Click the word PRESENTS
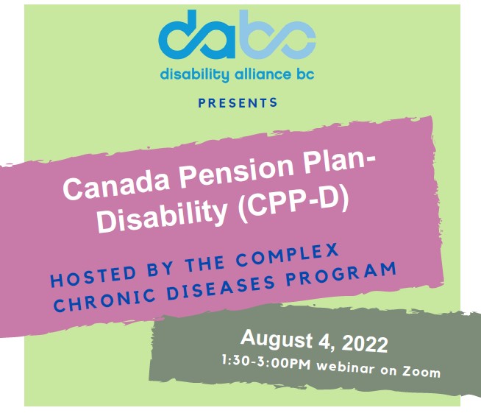tap(238, 102)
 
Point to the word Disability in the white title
tap(163, 216)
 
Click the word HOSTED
tap(93, 275)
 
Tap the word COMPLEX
tap(288, 255)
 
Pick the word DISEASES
tap(221, 288)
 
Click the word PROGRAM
tap(341, 274)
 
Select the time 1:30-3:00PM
tap(266, 362)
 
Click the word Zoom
tap(421, 372)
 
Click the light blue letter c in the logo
tap(298, 40)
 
